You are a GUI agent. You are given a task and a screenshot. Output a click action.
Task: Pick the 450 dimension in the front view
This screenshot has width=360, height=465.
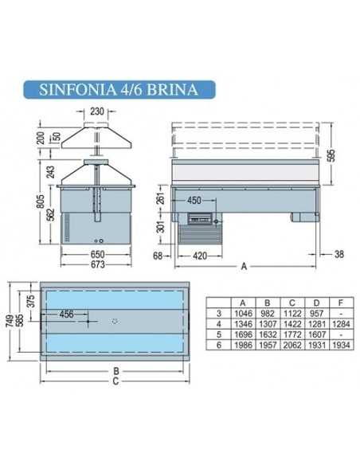(x=194, y=200)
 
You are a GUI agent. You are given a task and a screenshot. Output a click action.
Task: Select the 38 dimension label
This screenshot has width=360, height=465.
(x=340, y=255)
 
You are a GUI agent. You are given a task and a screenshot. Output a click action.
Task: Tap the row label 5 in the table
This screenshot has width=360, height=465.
(x=218, y=334)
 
